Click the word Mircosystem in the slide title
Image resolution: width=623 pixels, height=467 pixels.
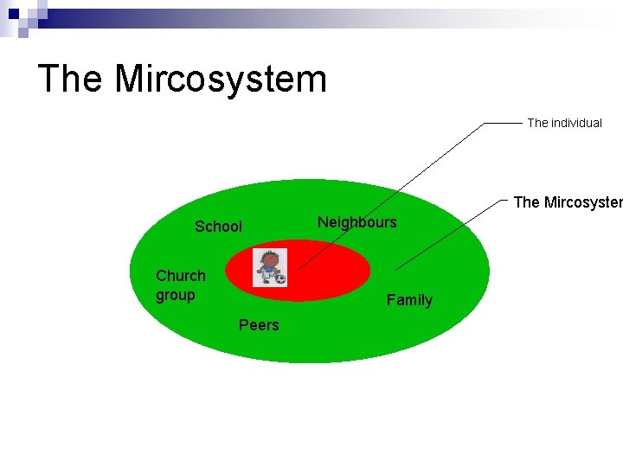click(x=221, y=79)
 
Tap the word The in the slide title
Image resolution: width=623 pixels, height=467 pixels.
click(x=71, y=79)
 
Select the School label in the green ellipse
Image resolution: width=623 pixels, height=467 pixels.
click(x=218, y=227)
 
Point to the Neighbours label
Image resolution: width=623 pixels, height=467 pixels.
click(x=356, y=222)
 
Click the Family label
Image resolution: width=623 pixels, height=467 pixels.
click(x=409, y=300)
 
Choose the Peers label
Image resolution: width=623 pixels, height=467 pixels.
click(x=259, y=325)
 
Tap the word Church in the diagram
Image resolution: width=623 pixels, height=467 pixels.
click(x=181, y=276)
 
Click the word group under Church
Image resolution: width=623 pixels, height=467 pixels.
click(x=176, y=295)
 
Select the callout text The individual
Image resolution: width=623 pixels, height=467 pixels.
click(x=564, y=123)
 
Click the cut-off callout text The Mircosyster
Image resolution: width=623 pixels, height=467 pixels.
click(x=568, y=202)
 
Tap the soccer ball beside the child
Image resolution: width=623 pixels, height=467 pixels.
click(x=279, y=278)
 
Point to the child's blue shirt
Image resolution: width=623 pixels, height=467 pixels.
click(x=269, y=271)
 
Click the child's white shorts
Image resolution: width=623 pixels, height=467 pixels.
click(x=268, y=278)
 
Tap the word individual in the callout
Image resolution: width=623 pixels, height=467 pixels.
click(x=576, y=123)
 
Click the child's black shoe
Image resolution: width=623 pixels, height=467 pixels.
click(x=263, y=283)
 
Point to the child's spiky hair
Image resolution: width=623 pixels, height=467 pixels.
click(x=270, y=253)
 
